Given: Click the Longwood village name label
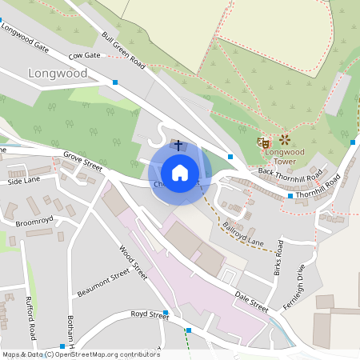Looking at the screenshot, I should click(x=57, y=74).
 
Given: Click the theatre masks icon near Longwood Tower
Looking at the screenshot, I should click(x=262, y=142).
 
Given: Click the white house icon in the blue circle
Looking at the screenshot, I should click(x=180, y=172).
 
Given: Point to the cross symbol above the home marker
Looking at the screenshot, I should click(x=178, y=146).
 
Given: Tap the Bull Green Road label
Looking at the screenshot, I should click(x=123, y=50).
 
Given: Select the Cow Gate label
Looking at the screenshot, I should click(x=85, y=56).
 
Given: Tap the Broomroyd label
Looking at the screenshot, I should click(x=34, y=218).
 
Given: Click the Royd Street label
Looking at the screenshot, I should click(x=150, y=316).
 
